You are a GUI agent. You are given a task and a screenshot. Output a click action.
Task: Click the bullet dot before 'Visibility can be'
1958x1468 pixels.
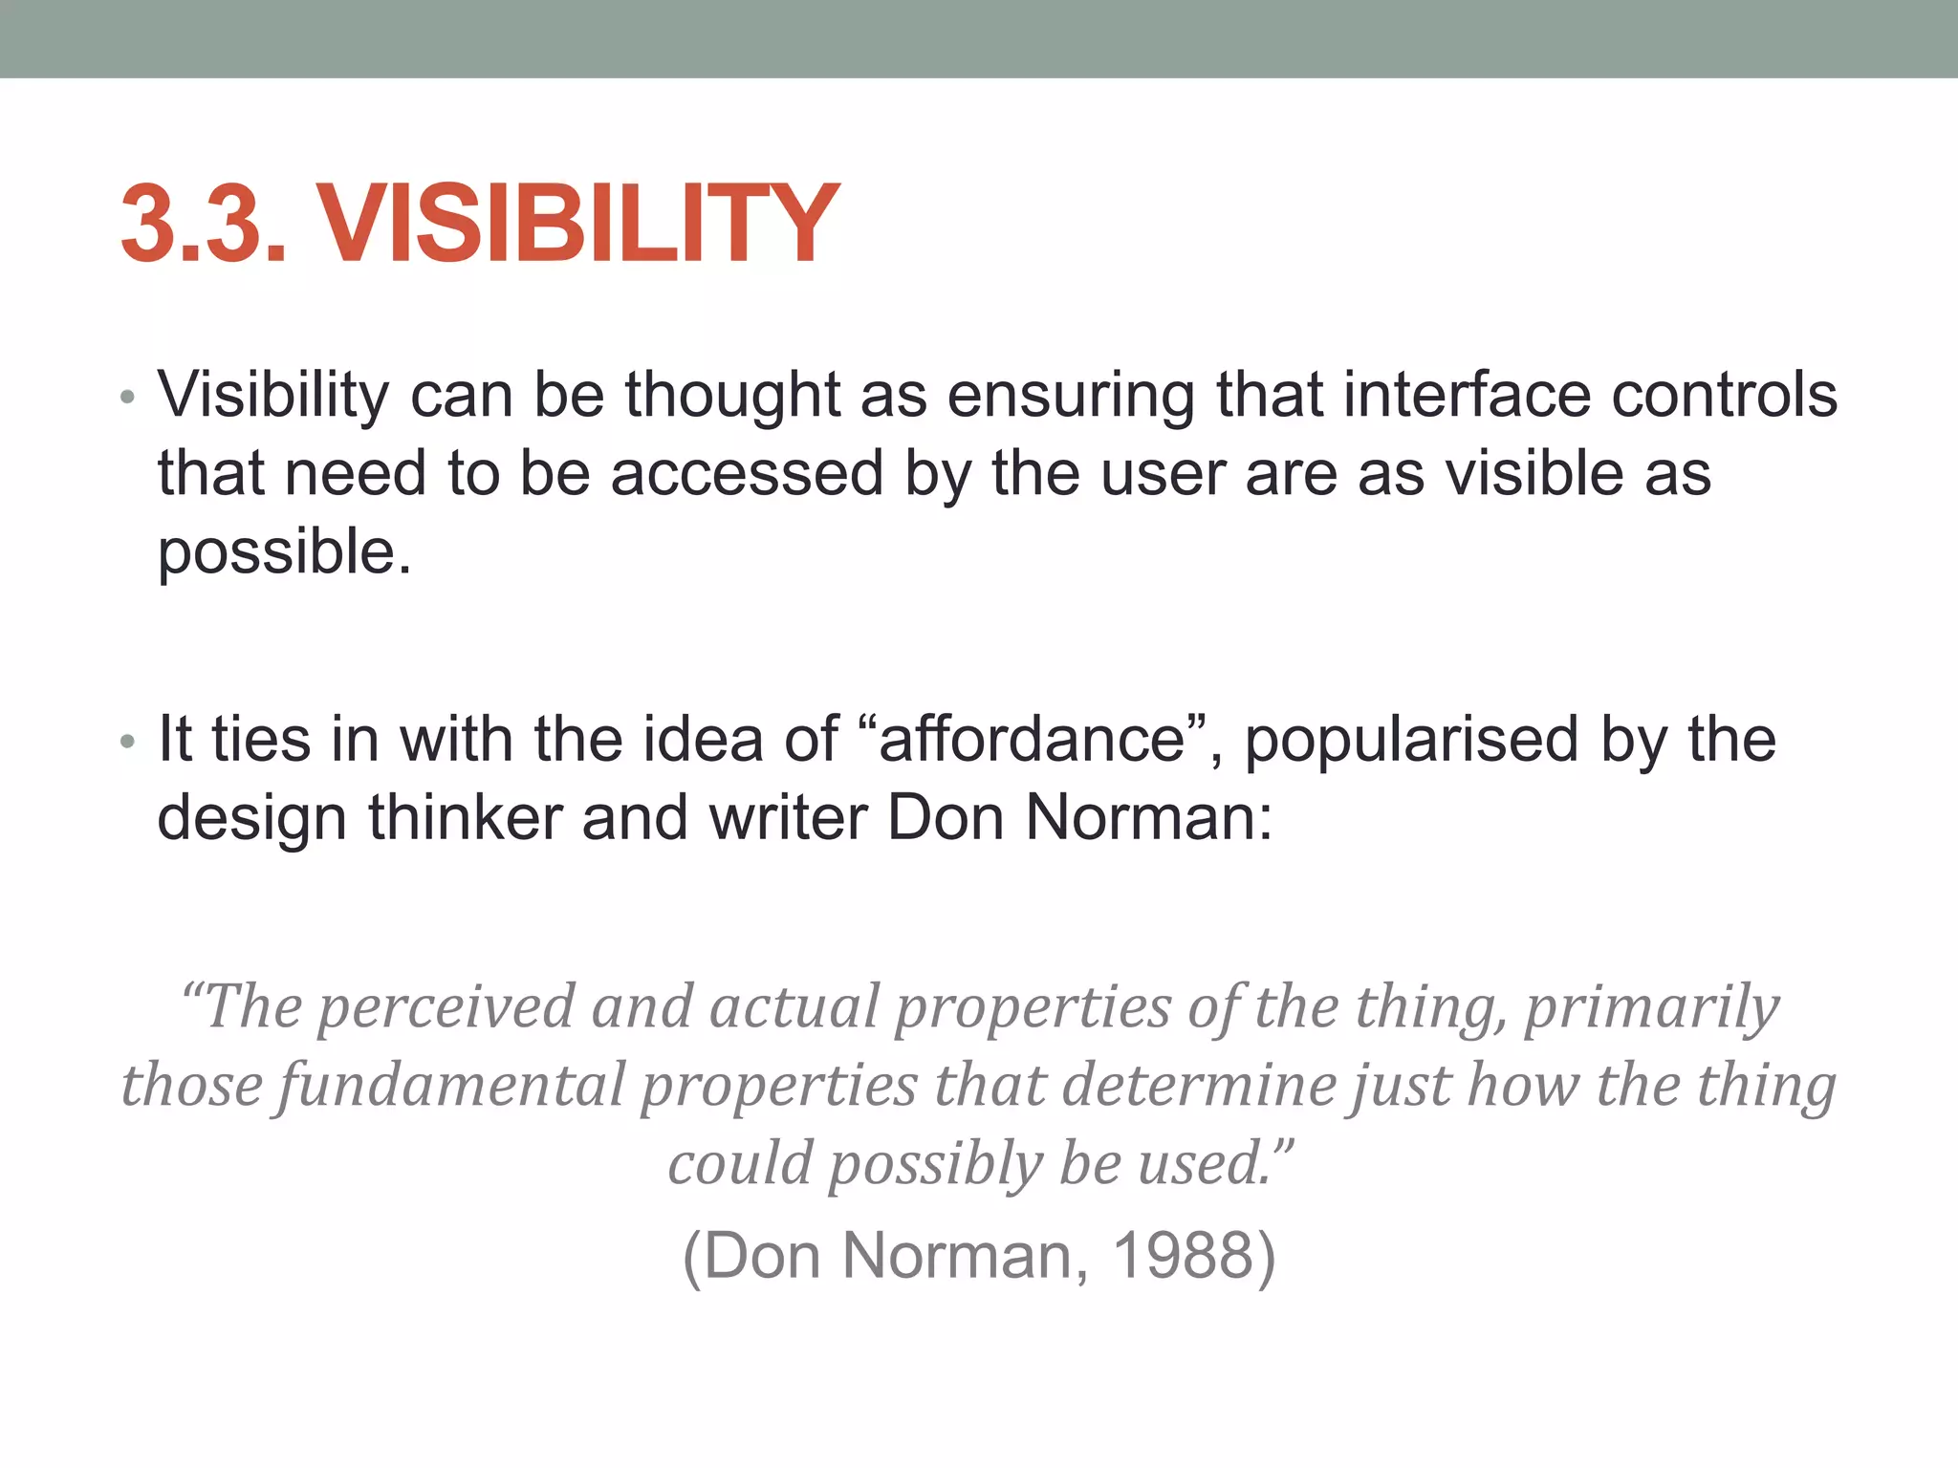[x=128, y=397]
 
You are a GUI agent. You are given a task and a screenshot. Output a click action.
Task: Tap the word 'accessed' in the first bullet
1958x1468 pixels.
[x=747, y=473]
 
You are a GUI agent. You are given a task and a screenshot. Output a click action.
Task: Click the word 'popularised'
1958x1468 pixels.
[x=1411, y=741]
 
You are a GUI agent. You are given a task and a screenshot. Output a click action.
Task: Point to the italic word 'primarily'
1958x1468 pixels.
[x=1651, y=1008]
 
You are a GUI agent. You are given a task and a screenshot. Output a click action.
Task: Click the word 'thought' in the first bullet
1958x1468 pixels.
[x=732, y=394]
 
